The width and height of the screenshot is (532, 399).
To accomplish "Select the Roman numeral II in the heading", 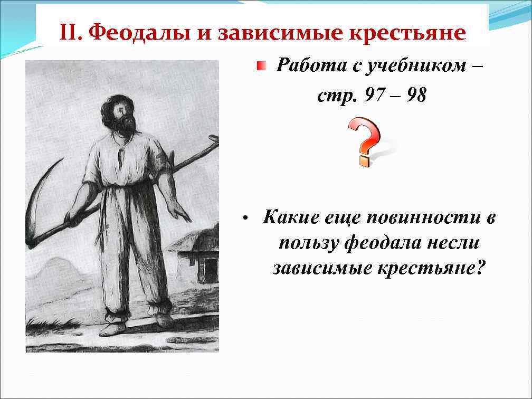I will click(x=70, y=33).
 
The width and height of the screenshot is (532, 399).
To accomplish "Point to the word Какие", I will click(x=288, y=217).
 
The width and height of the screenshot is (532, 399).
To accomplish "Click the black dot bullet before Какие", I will click(x=244, y=218).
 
